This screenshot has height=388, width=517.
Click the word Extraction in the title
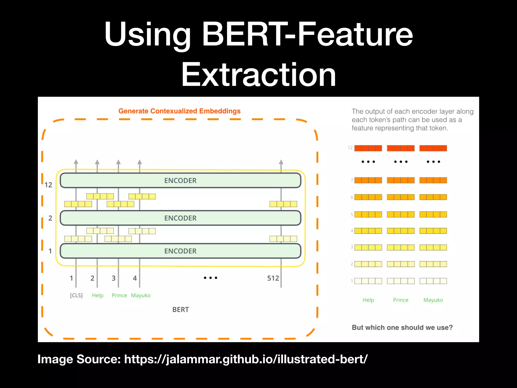point(258,75)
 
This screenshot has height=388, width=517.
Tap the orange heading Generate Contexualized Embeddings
point(179,111)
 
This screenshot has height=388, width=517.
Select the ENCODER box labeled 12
point(180,180)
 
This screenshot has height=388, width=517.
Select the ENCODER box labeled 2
point(180,218)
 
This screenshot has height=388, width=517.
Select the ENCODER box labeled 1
point(180,251)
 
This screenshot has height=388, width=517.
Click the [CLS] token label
point(76,295)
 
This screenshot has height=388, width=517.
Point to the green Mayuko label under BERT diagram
point(141,295)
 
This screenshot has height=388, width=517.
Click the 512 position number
point(273,278)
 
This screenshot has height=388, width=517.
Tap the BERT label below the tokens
point(180,309)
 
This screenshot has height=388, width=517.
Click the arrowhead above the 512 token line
point(281,162)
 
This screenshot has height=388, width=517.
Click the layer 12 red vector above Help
point(368,148)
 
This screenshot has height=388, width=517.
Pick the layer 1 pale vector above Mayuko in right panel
point(433,281)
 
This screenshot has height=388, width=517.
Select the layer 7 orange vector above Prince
point(401,180)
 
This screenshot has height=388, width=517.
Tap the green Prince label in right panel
point(401,300)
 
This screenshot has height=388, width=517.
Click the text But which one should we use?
point(402,327)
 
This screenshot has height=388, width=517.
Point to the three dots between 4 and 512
point(211,278)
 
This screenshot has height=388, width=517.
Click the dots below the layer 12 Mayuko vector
point(433,162)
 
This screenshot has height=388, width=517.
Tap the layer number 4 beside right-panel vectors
point(352,231)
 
